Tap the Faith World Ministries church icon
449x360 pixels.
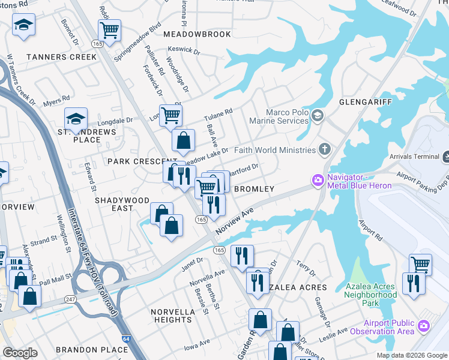pos(324,149)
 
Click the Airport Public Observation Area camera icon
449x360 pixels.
pos(424,326)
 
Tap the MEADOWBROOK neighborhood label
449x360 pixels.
pos(197,34)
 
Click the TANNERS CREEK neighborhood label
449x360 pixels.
pos(61,57)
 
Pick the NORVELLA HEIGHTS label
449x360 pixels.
pos(172,316)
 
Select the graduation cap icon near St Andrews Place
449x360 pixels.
pos(76,118)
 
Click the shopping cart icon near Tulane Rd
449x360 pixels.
pos(171,114)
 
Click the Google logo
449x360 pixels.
pos(20,353)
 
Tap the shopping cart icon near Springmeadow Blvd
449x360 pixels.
pos(110,29)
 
